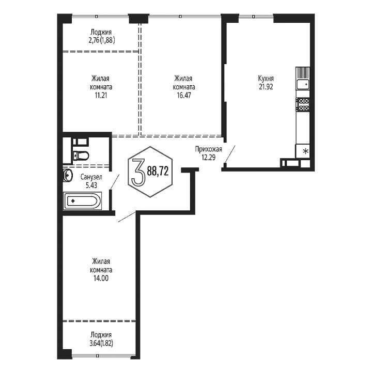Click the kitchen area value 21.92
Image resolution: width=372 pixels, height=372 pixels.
[266, 87]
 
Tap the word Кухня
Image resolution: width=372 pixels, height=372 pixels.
[266, 79]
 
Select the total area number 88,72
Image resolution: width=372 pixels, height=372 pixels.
[158, 171]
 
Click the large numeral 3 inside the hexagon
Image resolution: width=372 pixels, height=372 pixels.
[138, 172]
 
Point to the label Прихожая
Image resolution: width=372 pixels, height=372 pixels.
[208, 149]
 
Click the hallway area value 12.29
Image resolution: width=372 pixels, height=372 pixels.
[209, 157]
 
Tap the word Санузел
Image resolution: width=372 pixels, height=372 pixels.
[91, 177]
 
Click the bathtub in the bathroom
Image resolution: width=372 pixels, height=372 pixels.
[82, 201]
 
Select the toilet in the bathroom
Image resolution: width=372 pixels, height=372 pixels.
[81, 156]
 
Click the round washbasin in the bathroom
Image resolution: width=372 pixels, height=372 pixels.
[67, 176]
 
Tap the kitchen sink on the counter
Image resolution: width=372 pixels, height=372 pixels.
[303, 84]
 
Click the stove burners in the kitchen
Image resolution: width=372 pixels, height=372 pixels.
[303, 104]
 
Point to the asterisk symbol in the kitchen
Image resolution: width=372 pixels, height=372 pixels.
[306, 151]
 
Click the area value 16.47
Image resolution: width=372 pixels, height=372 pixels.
[184, 96]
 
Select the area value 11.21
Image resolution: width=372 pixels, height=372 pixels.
[101, 96]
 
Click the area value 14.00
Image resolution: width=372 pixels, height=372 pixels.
[101, 278]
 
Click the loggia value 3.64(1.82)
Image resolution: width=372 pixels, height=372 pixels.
[101, 343]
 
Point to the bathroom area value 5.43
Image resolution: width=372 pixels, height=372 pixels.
[91, 185]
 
